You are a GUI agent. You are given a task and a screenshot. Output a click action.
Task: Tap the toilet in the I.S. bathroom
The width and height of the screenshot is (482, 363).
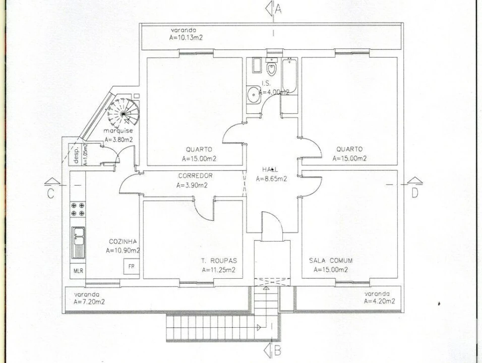pos(271,68)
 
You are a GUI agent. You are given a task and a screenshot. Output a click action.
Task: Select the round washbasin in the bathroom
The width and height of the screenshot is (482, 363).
pos(254,94)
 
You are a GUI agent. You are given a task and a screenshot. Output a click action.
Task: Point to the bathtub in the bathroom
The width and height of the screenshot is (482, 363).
pos(289,75)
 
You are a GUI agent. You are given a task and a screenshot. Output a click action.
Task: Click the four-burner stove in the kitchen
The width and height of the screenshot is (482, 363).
pos(78,209)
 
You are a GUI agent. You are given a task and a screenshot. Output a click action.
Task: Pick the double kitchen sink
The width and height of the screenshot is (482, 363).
pos(78,243)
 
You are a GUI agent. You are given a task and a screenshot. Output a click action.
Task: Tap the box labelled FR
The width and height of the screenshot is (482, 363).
pos(131,267)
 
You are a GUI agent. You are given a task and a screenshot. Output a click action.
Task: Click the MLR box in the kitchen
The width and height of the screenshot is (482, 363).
pos(78,271)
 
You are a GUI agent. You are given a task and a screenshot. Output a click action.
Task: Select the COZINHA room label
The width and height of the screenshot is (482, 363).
pos(123,241)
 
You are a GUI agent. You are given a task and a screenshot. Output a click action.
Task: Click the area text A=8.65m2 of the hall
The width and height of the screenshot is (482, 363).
pos(271,179)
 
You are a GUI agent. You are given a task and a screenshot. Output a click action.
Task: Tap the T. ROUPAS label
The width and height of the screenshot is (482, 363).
pos(219,261)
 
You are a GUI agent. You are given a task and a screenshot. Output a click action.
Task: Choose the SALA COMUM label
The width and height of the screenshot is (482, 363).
pos(331,261)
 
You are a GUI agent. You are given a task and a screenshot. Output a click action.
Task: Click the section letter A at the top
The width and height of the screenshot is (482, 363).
pos(278,9)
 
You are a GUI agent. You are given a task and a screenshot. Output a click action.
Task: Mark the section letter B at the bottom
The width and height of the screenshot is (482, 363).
pos(277,351)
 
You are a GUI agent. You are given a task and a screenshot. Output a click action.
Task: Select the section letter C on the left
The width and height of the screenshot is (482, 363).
pos(51,194)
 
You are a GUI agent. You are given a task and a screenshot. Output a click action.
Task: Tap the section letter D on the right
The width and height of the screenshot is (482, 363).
pos(415,193)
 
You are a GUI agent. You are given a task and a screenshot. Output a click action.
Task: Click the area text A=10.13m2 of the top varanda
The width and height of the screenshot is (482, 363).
pos(186,38)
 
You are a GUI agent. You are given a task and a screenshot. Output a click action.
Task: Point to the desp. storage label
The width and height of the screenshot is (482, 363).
pos(77,155)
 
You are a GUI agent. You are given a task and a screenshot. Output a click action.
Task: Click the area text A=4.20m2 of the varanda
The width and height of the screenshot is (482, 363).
pos(380,301)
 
